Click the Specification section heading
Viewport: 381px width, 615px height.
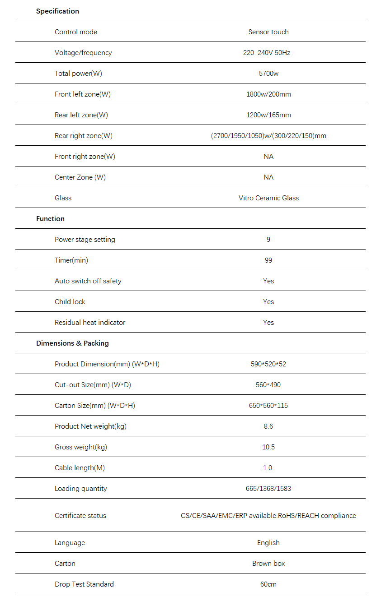(57, 11)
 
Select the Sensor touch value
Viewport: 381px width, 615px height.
(268, 32)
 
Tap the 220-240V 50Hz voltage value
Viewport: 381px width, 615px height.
(267, 53)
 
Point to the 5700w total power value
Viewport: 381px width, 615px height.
(268, 74)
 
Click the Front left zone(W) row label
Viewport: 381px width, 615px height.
(83, 94)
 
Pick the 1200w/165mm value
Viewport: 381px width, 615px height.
(268, 115)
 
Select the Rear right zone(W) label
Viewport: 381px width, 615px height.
(84, 136)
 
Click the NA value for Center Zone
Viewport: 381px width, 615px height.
(268, 177)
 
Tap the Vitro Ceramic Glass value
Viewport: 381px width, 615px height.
(268, 198)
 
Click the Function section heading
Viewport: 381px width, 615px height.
(50, 219)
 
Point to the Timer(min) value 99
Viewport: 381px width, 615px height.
(268, 260)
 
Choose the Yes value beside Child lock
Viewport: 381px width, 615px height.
(268, 302)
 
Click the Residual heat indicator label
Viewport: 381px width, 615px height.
(90, 323)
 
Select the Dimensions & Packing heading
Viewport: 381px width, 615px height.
(72, 343)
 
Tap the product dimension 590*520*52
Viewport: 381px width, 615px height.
(268, 364)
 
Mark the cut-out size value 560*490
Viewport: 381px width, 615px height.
(268, 385)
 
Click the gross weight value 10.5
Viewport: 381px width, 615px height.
(268, 447)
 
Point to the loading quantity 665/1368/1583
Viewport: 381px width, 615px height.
(268, 489)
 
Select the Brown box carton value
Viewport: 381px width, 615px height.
(268, 564)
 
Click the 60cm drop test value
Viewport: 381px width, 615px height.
(268, 584)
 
